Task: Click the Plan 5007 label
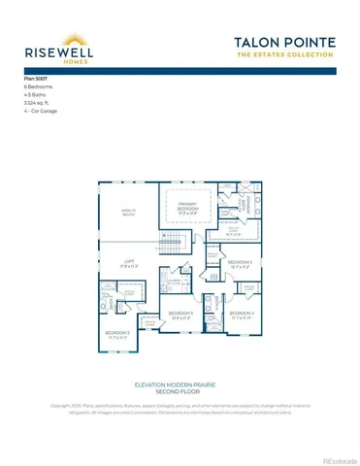coord(36,79)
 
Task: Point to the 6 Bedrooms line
coord(40,87)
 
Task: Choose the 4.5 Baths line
coord(36,95)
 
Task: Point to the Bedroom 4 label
coord(241,315)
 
